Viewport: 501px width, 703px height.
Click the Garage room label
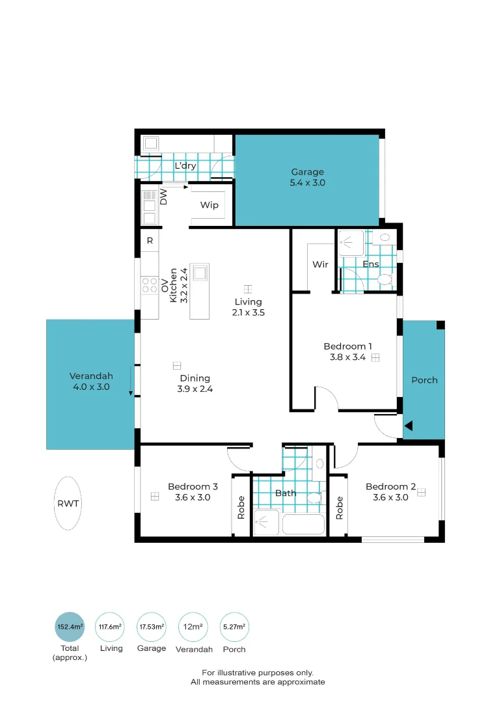click(307, 172)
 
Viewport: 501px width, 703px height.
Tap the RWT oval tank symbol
click(68, 503)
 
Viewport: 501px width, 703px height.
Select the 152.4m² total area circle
click(70, 627)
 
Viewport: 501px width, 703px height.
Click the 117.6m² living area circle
click(110, 627)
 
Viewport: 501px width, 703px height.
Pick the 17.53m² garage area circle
click(152, 627)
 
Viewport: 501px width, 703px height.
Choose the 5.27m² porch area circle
click(234, 627)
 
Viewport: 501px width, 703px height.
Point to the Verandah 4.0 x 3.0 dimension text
click(92, 387)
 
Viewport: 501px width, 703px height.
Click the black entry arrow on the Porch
click(408, 426)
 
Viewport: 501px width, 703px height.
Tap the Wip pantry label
click(210, 205)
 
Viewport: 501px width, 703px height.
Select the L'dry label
click(185, 165)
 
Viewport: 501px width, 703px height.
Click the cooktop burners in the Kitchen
click(150, 286)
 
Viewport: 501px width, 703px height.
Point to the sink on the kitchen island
click(200, 273)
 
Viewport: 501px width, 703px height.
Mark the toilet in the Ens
click(385, 280)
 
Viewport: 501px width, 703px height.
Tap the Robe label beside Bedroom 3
click(241, 508)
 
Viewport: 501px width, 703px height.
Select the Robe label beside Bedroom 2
click(339, 508)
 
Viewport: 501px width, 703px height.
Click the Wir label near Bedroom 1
click(320, 264)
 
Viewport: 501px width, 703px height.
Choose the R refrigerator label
click(150, 241)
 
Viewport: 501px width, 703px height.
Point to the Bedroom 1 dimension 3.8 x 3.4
click(347, 357)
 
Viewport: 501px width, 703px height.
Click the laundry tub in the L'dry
click(151, 143)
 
